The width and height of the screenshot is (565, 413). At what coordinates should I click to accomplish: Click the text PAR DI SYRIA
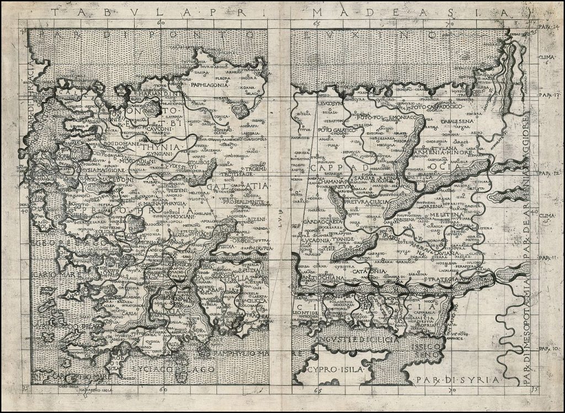457,380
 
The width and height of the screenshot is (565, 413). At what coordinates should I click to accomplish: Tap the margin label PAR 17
548,94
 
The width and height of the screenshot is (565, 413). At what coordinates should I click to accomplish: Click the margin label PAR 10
548,348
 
